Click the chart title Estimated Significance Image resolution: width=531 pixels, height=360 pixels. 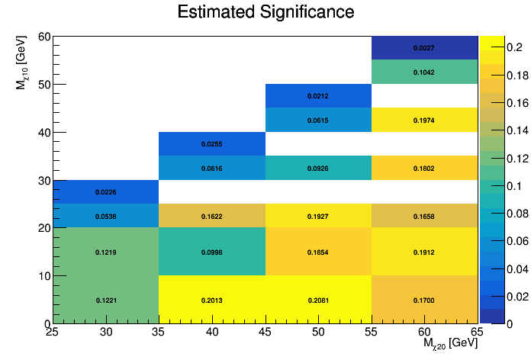pos(265,12)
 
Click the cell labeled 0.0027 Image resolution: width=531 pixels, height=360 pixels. pos(424,48)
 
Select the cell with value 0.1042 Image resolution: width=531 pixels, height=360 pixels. pos(424,72)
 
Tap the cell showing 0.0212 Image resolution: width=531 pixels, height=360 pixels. pos(318,96)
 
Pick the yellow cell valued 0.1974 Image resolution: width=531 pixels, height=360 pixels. pos(424,120)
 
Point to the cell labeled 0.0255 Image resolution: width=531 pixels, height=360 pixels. pos(212,143)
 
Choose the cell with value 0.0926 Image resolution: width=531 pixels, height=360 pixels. pos(318,168)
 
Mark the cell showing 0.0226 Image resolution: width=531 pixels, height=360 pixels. pos(106,191)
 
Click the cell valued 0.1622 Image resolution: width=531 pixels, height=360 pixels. pos(212,216)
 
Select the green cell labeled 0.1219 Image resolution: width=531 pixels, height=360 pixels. pos(106,252)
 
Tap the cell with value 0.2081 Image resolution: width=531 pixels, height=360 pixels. pos(318,300)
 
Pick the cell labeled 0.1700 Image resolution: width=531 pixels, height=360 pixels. pos(424,300)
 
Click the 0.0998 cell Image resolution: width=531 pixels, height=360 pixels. pos(212,252)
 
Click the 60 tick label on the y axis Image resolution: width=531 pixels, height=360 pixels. pos(44,37)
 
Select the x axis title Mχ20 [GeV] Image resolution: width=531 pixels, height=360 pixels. pos(450,344)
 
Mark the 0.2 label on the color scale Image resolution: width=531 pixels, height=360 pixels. pos(507,47)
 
